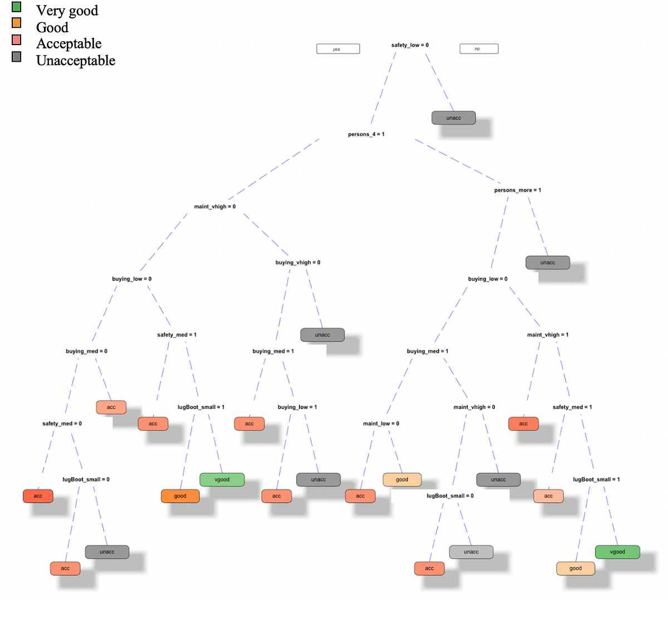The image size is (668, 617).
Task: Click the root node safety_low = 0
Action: point(410,45)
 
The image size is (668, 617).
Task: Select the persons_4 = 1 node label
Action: point(366,134)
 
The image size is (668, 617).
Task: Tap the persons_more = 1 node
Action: point(517,190)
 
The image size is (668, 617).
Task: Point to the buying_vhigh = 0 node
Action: point(298,262)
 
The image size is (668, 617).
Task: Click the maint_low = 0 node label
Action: point(381,424)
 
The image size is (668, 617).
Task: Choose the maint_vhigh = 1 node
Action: point(548,335)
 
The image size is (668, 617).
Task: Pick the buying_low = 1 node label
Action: point(297,407)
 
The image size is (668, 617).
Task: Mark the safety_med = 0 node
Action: point(62,424)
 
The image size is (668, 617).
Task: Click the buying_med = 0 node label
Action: point(86,351)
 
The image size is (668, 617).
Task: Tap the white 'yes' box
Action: point(338,49)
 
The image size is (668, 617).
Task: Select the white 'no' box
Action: point(479,49)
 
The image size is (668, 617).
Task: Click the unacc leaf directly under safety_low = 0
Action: point(454,118)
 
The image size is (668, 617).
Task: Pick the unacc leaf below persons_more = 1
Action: point(548,262)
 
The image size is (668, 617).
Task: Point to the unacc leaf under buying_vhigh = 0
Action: point(322,335)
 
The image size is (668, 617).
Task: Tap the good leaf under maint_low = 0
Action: point(402,479)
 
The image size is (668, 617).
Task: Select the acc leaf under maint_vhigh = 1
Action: point(523,424)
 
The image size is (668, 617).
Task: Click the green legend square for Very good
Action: point(17,7)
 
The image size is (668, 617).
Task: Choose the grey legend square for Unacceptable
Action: point(17,57)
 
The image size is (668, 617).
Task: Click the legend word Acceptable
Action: point(68,43)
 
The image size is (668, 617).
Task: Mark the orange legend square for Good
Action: point(17,23)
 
